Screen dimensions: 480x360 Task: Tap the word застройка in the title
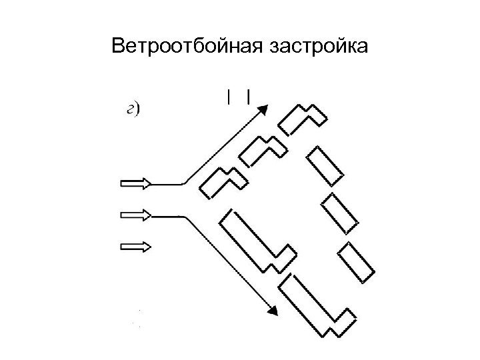[x=319, y=47]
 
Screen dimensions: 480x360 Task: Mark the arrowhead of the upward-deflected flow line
[x=265, y=109]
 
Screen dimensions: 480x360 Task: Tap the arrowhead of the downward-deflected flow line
[x=272, y=309]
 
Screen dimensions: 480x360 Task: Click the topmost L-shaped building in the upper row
[x=302, y=119]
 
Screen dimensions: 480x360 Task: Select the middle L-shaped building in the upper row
[x=263, y=151]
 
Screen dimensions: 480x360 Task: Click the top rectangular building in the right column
[x=325, y=165]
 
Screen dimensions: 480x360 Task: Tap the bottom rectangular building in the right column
[x=357, y=263]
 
